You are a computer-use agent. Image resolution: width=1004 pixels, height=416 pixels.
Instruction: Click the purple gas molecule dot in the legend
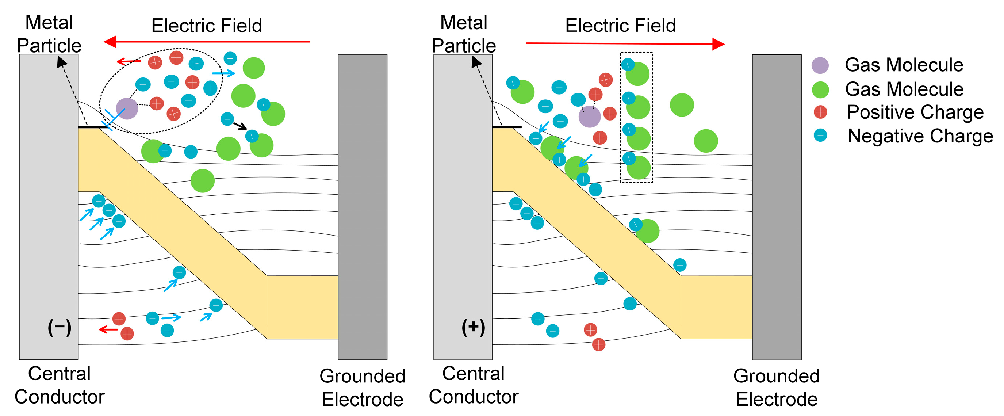[x=820, y=65]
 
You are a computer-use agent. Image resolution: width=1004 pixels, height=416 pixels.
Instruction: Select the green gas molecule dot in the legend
[x=820, y=90]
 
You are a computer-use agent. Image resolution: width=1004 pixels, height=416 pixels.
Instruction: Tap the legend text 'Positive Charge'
[x=915, y=112]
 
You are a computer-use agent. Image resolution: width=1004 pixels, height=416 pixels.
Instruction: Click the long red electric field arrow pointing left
[x=207, y=41]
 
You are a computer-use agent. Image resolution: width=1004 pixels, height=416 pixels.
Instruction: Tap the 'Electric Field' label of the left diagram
[x=207, y=26]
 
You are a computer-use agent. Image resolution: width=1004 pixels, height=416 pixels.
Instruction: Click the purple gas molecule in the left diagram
[x=127, y=108]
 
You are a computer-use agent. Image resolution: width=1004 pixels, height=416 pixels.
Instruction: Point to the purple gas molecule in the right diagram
[x=589, y=116]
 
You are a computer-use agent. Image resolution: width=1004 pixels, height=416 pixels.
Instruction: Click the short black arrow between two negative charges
[x=240, y=126]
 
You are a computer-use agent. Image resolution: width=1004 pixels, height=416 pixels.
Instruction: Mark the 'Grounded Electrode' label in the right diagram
[x=777, y=388]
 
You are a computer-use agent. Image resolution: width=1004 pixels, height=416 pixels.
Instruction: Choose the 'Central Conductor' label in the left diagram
[x=60, y=385]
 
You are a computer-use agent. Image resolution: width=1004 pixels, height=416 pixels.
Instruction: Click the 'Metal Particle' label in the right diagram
[x=464, y=34]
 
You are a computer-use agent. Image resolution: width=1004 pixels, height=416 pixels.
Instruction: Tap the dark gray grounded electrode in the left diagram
[x=363, y=207]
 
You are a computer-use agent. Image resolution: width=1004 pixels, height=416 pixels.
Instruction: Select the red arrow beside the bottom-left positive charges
[x=108, y=330]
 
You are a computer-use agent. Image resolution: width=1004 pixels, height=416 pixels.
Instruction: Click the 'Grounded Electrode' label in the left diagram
[x=363, y=388]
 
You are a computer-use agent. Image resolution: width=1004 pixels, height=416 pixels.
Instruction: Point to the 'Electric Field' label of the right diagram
[x=621, y=26]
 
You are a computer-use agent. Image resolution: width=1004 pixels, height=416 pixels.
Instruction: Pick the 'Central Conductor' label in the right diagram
[x=473, y=385]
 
